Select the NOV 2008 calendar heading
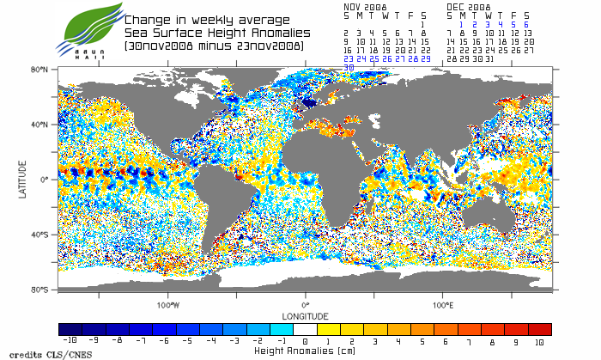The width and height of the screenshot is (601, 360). click(366, 5)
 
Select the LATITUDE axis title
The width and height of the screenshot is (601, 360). click(23, 180)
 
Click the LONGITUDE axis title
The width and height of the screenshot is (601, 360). click(306, 314)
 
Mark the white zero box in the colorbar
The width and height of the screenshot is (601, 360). click(306, 329)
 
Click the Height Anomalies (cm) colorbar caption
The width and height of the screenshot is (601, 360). click(305, 351)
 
